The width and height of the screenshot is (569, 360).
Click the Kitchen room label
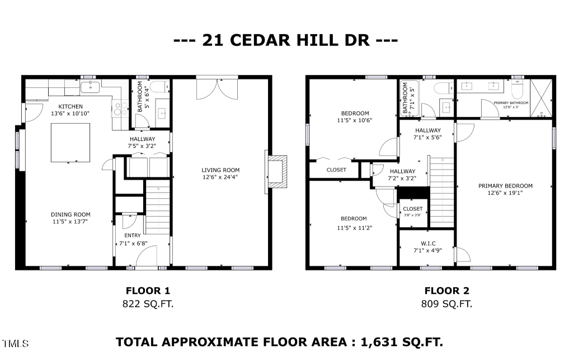[x=70, y=106]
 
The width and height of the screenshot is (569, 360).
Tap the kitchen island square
[x=71, y=143]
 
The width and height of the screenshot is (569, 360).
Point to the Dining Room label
[x=70, y=214]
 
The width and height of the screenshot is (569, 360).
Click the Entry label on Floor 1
[x=133, y=236]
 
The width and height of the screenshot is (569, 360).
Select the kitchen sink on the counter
[x=91, y=87]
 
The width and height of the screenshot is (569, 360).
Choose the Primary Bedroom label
[x=505, y=186]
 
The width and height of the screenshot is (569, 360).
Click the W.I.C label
[x=428, y=243]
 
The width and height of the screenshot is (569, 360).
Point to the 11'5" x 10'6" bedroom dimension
[x=355, y=120]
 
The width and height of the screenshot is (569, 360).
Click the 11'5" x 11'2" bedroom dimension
[x=355, y=228]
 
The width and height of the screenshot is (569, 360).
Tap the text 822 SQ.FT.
[x=148, y=304]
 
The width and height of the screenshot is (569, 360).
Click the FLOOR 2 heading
[x=446, y=291]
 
